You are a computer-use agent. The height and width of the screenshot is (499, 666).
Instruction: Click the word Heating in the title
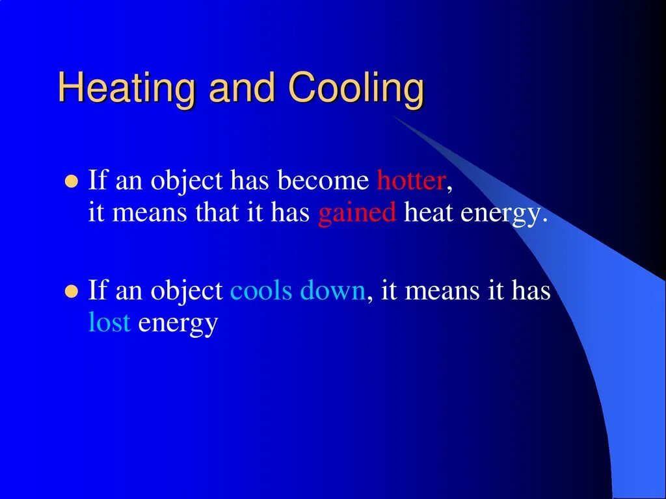(127, 89)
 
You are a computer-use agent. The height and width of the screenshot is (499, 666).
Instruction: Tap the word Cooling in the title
(356, 89)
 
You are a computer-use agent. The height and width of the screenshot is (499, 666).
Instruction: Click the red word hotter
(411, 181)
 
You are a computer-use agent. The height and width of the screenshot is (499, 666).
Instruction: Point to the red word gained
(357, 214)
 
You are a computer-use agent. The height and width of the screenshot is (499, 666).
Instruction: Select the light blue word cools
(262, 290)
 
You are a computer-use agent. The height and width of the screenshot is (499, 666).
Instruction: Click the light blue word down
(332, 290)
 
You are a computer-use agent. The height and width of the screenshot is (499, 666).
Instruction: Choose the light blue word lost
(109, 323)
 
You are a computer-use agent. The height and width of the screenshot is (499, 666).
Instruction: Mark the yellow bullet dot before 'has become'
(72, 181)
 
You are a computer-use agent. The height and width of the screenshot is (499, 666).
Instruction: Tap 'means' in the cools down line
(442, 290)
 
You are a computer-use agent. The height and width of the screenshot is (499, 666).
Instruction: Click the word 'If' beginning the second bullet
(97, 290)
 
